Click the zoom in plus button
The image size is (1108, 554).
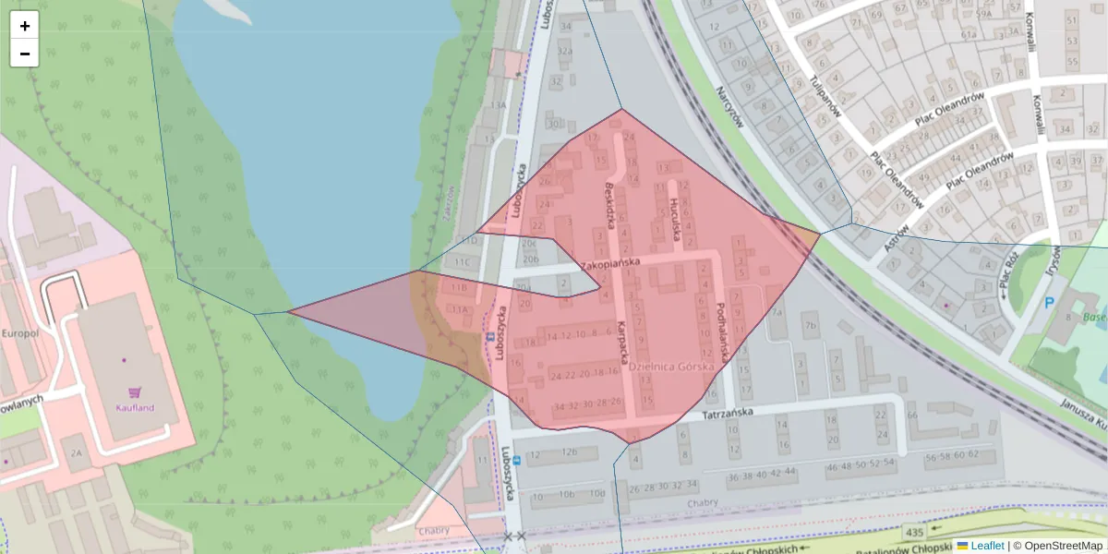pyautogui.click(x=25, y=26)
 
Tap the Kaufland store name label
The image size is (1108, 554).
pyautogui.click(x=135, y=407)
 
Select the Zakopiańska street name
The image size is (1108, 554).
pyautogui.click(x=609, y=262)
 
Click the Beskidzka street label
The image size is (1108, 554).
pyautogui.click(x=609, y=203)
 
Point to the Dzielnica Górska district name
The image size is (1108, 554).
pyautogui.click(x=671, y=367)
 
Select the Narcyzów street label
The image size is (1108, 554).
pyautogui.click(x=729, y=107)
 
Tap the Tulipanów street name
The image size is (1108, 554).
pyautogui.click(x=824, y=93)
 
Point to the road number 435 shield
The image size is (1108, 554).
pyautogui.click(x=915, y=533)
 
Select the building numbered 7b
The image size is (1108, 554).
pyautogui.click(x=810, y=325)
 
